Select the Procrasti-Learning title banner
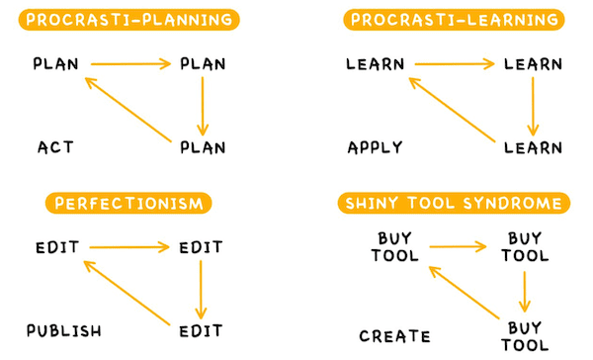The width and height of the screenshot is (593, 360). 454,20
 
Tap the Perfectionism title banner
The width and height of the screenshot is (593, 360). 128,204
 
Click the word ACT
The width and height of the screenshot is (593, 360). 55,148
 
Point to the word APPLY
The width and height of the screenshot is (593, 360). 376,148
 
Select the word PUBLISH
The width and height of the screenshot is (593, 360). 64,330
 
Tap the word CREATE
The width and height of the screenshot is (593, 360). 394,336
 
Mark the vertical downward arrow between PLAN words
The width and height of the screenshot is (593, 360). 203,106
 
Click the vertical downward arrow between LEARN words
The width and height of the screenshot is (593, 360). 533,106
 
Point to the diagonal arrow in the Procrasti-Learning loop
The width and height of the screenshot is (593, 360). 454,108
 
